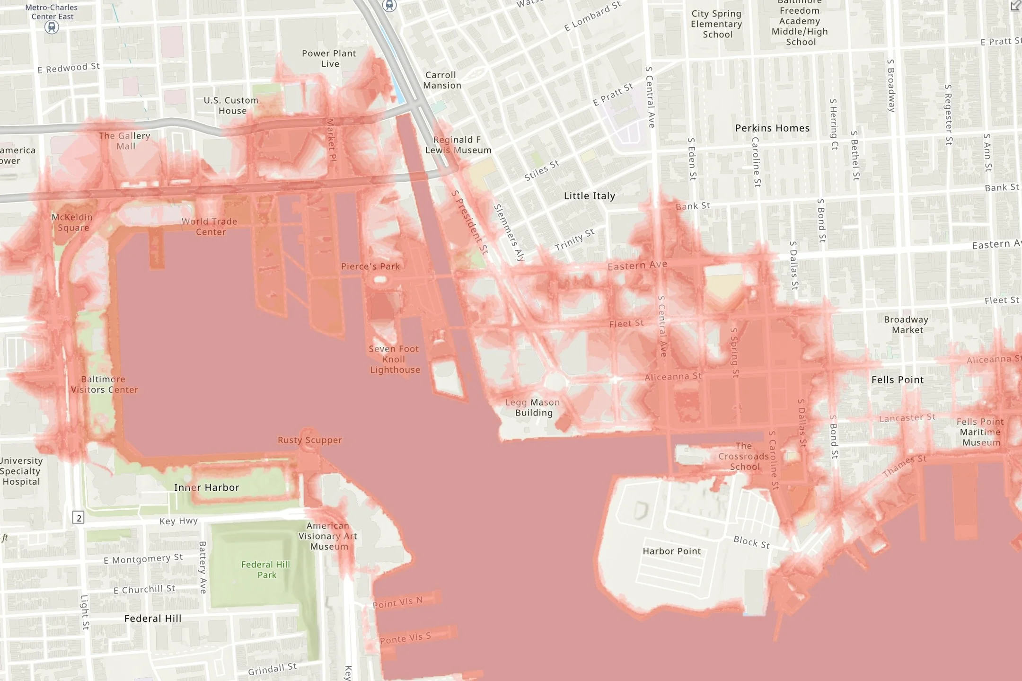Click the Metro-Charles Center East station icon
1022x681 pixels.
(x=52, y=27)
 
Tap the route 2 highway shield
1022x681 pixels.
(x=79, y=518)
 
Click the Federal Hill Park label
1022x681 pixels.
(x=266, y=570)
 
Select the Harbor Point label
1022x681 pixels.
(x=671, y=551)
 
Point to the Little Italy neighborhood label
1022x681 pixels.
(x=590, y=196)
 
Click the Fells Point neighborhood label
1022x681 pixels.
(x=898, y=380)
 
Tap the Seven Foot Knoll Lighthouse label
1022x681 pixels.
(x=394, y=359)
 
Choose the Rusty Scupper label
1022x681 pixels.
(x=309, y=440)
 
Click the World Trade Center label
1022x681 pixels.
(x=210, y=226)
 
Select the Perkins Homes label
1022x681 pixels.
(x=772, y=128)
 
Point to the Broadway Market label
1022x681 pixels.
(x=906, y=325)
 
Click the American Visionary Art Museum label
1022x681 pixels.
(x=328, y=536)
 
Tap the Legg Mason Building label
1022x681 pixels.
(x=533, y=407)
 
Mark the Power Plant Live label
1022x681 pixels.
(x=329, y=58)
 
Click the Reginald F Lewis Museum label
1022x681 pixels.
(x=458, y=145)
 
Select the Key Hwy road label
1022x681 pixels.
(x=178, y=521)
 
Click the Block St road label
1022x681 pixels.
(x=751, y=542)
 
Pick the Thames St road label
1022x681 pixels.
(x=904, y=466)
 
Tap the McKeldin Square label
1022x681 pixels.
(x=72, y=222)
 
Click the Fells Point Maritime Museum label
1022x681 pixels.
(x=980, y=432)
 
